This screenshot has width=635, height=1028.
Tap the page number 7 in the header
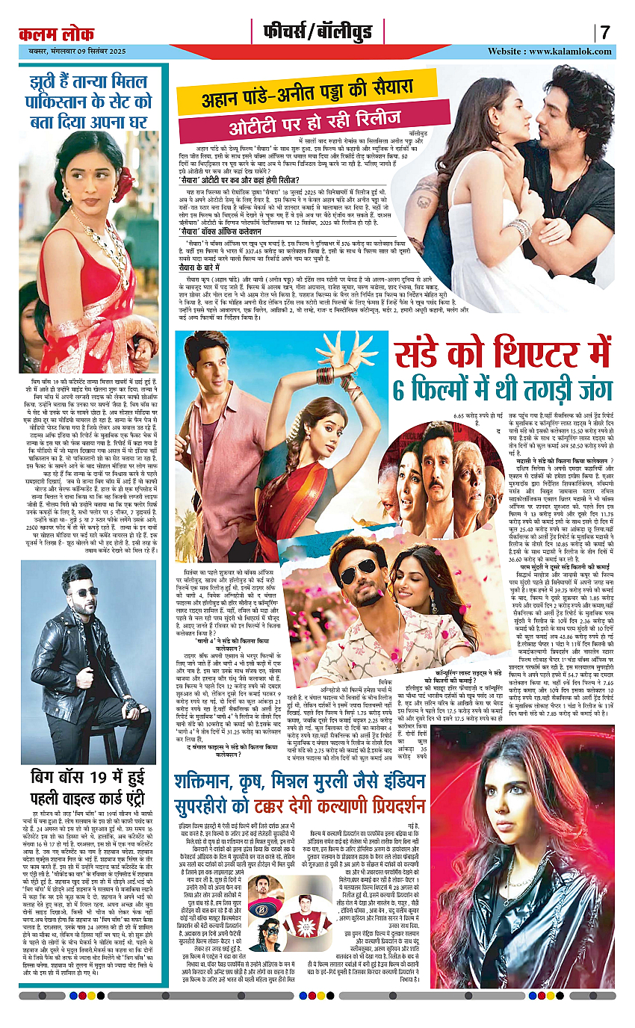[x=605, y=33]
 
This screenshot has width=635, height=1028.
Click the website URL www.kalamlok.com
[x=570, y=52]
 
